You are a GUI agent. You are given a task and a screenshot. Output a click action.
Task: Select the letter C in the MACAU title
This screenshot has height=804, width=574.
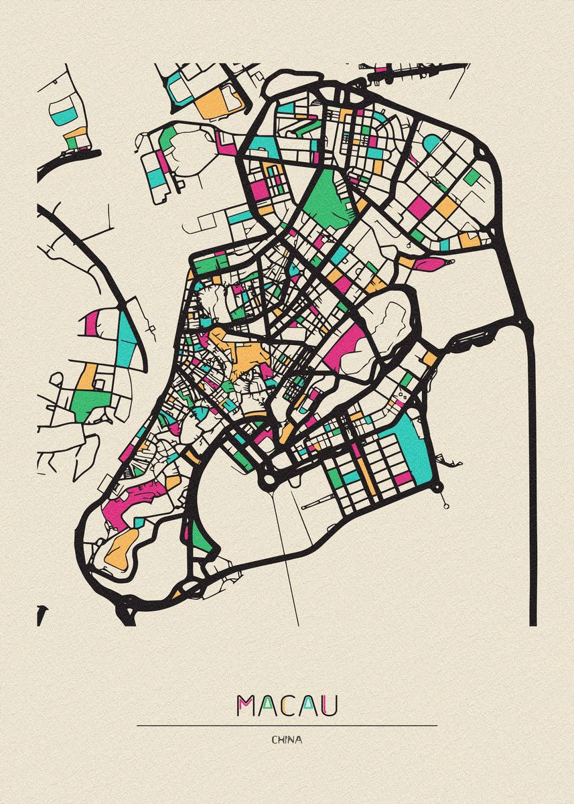pos(286,706)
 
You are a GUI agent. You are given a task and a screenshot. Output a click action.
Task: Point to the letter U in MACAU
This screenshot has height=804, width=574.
pos(328,706)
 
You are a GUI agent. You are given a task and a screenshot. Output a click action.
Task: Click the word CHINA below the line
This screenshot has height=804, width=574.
pos(287,740)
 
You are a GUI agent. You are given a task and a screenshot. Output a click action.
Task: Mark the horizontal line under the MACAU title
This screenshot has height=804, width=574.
pos(287,725)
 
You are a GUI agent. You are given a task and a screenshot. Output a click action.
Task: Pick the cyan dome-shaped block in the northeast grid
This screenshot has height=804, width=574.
pos(432,143)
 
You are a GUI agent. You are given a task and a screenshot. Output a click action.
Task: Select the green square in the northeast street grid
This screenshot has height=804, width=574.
pos(473,176)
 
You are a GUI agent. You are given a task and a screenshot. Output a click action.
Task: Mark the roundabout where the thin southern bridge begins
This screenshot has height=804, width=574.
pos(269,478)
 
